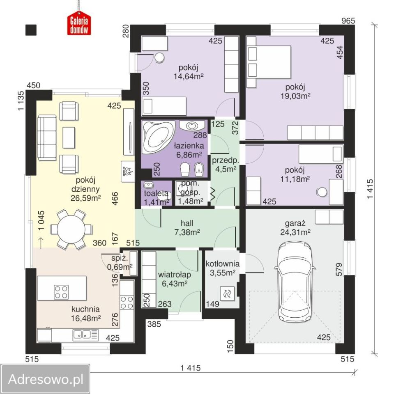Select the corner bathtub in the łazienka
pos(158,137)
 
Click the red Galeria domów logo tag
pos(79,24)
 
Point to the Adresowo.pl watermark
pos(46,379)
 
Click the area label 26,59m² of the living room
pos(86,198)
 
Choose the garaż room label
pos(295,223)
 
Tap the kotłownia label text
pos(223,264)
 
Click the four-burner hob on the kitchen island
pos(61,292)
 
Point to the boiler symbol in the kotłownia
pos(227,293)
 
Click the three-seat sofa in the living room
pos(47,137)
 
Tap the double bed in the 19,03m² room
pos(269,62)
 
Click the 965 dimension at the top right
pos(348,21)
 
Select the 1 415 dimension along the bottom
pos(191,368)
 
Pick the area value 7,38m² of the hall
pos(187,232)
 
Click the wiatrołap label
pos(175,275)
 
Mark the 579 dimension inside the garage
pos(339,269)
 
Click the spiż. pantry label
pos(120,259)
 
